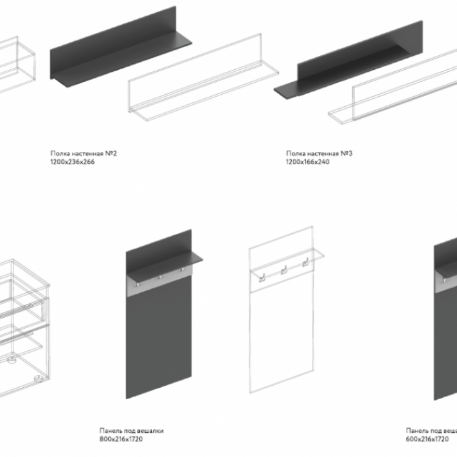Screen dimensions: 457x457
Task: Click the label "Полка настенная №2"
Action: [x=83, y=153]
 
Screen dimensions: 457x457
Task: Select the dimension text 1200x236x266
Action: [x=73, y=162]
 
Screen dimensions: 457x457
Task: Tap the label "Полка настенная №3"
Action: [x=319, y=153]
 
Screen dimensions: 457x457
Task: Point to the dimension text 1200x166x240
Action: [x=308, y=162]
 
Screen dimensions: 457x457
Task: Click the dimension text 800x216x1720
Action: [x=121, y=439]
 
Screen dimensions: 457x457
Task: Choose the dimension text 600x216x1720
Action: [x=427, y=439]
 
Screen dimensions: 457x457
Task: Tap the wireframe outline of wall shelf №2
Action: [x=204, y=77]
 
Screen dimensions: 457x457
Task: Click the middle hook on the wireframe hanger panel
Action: [x=284, y=270]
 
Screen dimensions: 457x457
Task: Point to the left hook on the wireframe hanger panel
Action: [x=262, y=278]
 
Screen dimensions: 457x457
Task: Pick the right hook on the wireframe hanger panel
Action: [x=305, y=262]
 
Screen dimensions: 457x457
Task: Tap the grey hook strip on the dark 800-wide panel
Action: [x=159, y=282]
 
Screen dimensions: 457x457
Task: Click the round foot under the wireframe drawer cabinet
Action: [x=38, y=378]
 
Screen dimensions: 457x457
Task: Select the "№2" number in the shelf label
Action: [x=111, y=153]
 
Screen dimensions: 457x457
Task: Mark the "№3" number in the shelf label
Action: [x=347, y=153]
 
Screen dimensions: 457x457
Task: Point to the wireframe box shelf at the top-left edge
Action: [x=17, y=64]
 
